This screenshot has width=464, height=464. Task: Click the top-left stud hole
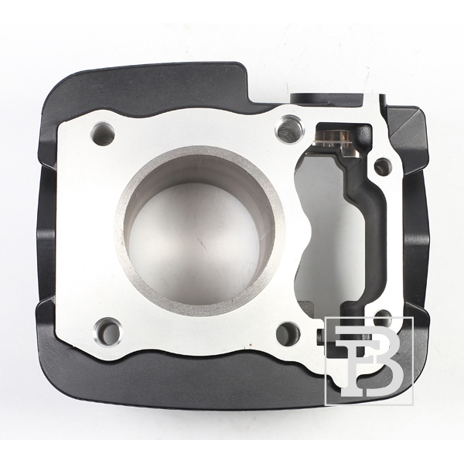pyautogui.click(x=103, y=134)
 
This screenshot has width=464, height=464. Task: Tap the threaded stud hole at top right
pyautogui.click(x=290, y=128)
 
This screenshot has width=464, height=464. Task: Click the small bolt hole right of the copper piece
pyautogui.click(x=384, y=166)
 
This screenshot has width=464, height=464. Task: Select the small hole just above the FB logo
pyautogui.click(x=383, y=314)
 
